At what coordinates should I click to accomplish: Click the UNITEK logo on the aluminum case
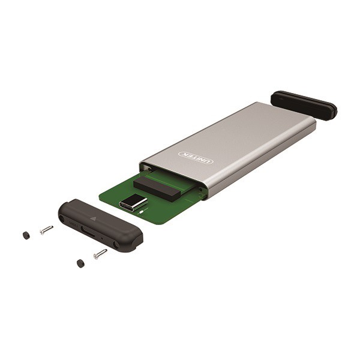[196, 157]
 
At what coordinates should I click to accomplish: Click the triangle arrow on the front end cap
[93, 218]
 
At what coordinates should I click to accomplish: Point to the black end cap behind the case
[304, 106]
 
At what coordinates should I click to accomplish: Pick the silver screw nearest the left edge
[46, 230]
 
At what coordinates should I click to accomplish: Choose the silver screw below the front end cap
[100, 254]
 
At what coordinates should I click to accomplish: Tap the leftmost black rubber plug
[26, 235]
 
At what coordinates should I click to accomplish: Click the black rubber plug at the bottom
[80, 264]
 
